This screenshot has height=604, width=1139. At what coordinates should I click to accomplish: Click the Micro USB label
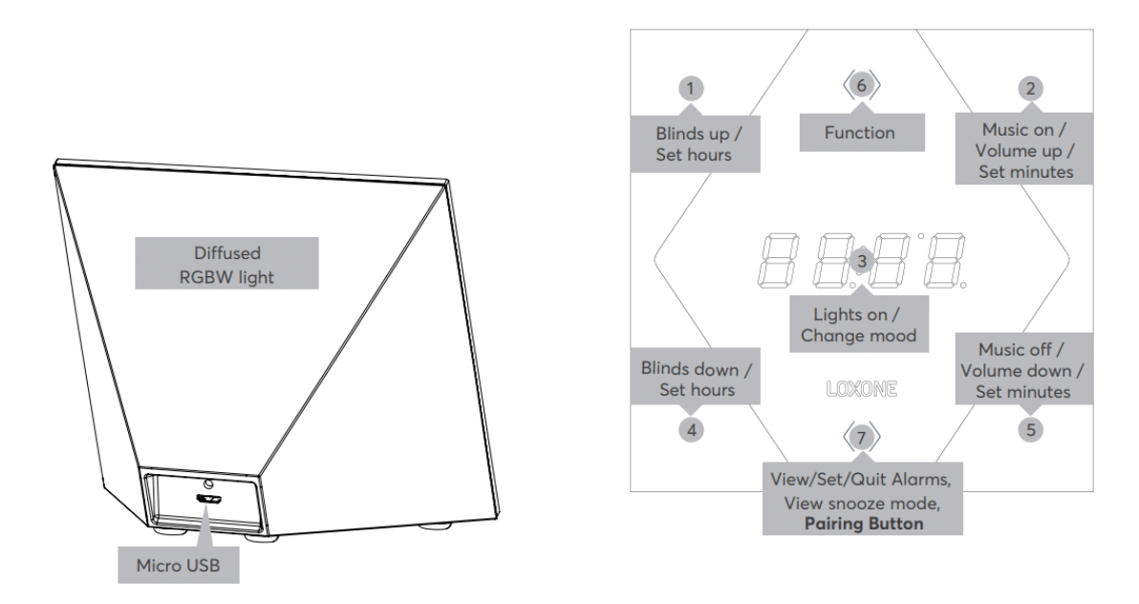click(179, 565)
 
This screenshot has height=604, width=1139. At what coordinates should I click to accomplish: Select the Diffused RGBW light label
click(226, 263)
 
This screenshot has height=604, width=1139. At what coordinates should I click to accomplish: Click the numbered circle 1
click(690, 89)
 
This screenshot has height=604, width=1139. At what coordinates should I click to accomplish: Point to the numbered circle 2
click(1030, 89)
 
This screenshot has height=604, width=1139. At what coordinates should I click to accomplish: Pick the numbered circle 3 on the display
click(862, 260)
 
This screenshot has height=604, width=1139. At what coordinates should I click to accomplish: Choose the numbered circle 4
click(691, 429)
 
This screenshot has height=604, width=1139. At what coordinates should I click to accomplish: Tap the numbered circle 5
click(1030, 429)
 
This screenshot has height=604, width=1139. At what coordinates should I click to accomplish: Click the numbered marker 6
click(862, 86)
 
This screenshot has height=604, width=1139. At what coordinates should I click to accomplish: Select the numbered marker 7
click(862, 438)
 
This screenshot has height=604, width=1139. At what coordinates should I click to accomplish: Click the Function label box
click(862, 132)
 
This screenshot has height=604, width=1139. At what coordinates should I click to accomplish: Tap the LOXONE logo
click(862, 389)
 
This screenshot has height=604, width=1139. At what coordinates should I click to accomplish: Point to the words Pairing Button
click(864, 524)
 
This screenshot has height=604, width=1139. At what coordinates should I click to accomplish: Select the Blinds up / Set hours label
click(695, 144)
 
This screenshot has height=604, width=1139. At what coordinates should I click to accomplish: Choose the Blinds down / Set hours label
click(696, 378)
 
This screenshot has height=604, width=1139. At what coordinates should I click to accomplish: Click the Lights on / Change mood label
click(859, 325)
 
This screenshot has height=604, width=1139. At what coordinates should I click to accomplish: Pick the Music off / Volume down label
click(1023, 369)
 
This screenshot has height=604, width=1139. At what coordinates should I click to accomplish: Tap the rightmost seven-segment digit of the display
click(943, 260)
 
